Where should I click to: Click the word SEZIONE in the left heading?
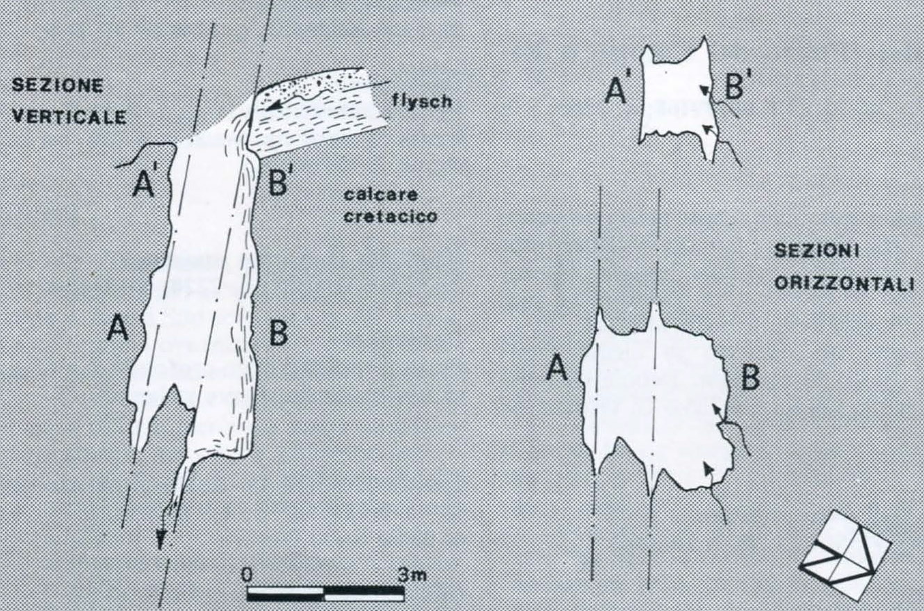(58, 85)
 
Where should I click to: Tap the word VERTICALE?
(70, 117)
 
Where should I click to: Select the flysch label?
(422, 101)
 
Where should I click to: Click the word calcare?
(381, 194)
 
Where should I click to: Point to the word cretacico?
(391, 216)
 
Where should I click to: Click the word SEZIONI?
(817, 252)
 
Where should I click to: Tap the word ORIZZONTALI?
(844, 284)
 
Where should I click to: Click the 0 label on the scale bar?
(247, 575)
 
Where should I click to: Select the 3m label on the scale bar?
(412, 575)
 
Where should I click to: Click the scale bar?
(325, 594)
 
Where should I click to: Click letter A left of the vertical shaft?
(118, 328)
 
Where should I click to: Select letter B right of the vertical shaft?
(279, 332)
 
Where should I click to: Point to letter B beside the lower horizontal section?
(750, 377)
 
